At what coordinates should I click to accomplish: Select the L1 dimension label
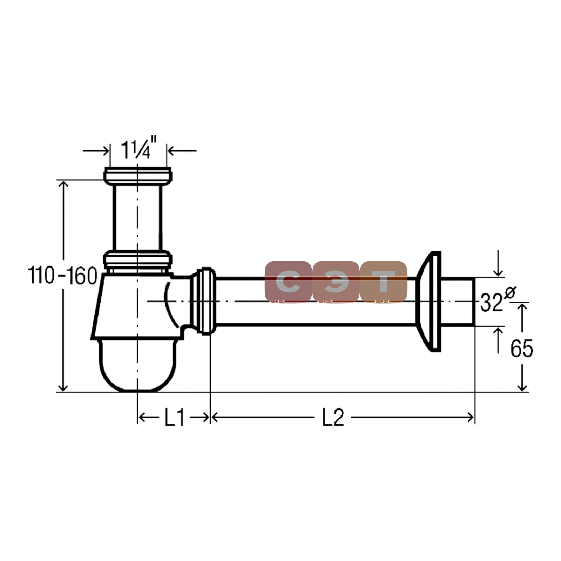(175, 418)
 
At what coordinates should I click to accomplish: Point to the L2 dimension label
(333, 418)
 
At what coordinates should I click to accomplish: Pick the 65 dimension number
(522, 348)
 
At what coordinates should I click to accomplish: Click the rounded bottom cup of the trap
(137, 365)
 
